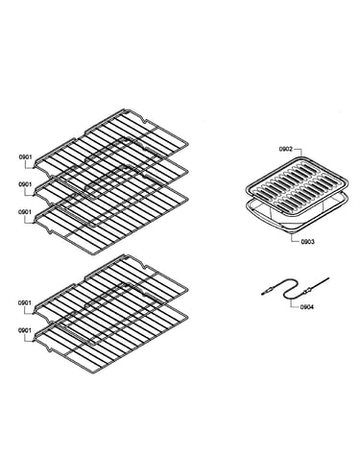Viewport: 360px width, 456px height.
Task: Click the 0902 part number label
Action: (285, 149)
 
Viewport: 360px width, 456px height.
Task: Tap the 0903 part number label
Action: (307, 242)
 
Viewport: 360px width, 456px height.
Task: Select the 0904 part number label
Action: (307, 307)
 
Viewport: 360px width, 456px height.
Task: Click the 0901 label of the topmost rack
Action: (25, 156)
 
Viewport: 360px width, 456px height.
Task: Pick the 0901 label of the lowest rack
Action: (25, 330)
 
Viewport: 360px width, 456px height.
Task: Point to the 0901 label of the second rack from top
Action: (25, 184)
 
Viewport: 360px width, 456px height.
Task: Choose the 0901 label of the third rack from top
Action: (25, 212)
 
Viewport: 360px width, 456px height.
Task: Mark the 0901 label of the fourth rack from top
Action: (25, 302)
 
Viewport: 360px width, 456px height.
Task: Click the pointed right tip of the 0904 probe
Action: (329, 278)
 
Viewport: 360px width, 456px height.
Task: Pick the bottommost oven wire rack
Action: (110, 340)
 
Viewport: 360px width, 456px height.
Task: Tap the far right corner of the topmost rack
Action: (188, 142)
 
